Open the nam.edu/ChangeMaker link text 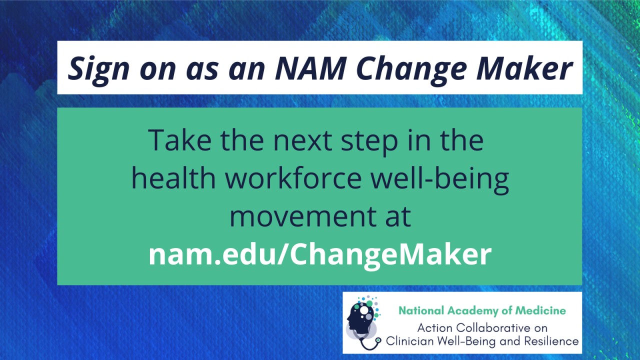(320, 255)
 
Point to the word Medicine (543, 311)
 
